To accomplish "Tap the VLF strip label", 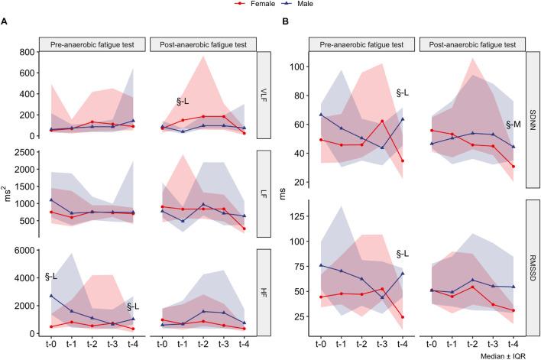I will (264, 95).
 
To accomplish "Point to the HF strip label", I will (264, 293).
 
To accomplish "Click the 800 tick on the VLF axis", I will (28, 52).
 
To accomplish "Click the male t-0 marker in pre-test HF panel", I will (52, 295).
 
